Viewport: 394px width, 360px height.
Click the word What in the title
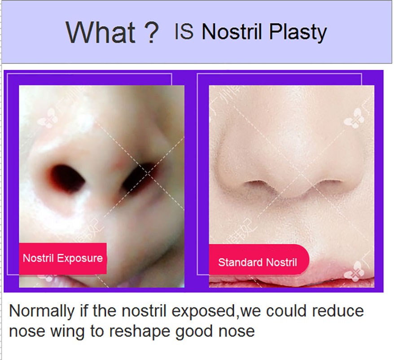pos(101,32)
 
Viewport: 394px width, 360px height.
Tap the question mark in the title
pos(152,32)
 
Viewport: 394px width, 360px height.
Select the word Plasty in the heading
pos(298,33)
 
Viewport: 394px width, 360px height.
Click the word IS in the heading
pos(184,31)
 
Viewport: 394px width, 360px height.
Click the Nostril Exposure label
pos(63,258)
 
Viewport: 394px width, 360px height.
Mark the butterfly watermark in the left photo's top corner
pos(47,118)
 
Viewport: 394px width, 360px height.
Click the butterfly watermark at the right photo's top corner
pos(355,118)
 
